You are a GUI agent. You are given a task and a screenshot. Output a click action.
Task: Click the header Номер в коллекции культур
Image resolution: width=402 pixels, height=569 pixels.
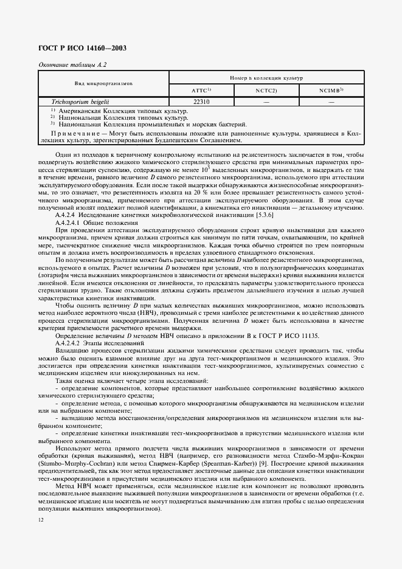click(x=266, y=77)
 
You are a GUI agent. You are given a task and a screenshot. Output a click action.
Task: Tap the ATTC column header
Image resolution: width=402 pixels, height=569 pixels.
click(x=201, y=90)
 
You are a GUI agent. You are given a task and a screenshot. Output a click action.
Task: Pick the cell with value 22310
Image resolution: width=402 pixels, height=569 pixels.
click(x=201, y=102)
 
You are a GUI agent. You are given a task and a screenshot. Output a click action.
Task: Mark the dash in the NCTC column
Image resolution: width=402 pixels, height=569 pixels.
click(x=266, y=102)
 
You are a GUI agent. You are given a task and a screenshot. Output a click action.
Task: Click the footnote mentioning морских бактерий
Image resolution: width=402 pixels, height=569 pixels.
click(x=133, y=123)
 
